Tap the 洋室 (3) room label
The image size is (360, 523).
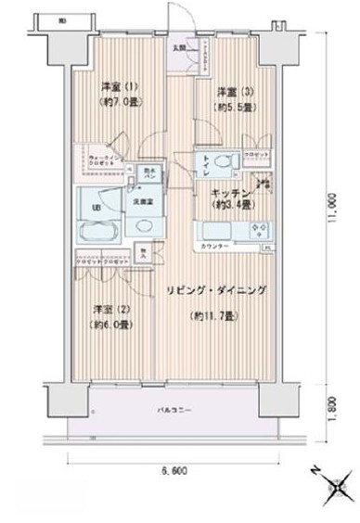coord(231,91)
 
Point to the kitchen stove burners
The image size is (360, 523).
coord(251,228)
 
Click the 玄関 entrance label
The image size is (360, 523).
coord(179,46)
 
